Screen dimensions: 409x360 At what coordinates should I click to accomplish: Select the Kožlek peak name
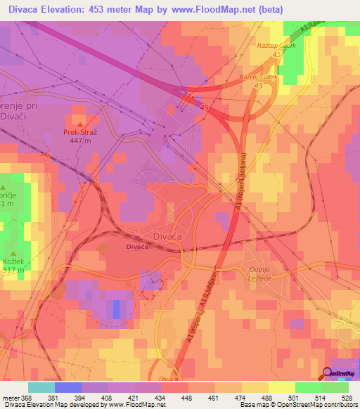click(x=15, y=261)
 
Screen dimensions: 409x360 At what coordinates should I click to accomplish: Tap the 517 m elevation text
click(x=15, y=270)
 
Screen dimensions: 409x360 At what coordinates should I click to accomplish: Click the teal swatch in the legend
click(x=41, y=387)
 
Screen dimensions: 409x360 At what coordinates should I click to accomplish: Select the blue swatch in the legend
click(x=68, y=387)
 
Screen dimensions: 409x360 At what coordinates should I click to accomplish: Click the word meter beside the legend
click(x=10, y=397)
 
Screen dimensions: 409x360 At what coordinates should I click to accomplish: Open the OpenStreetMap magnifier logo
click(x=327, y=373)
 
